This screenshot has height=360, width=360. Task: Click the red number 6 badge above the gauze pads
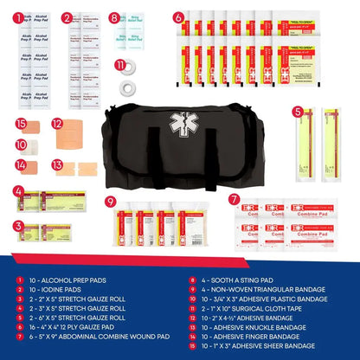tap(178, 16)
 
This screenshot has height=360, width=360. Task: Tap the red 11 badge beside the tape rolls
tap(120, 65)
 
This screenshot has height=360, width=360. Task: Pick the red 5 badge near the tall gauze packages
tap(297, 111)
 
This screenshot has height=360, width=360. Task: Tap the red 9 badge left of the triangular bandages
tap(110, 202)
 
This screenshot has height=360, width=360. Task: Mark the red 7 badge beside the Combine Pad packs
tap(235, 198)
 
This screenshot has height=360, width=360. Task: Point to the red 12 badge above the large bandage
tap(57, 124)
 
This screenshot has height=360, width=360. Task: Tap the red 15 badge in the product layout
tap(21, 124)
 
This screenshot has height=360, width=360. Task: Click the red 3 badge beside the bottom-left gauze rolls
tap(17, 226)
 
